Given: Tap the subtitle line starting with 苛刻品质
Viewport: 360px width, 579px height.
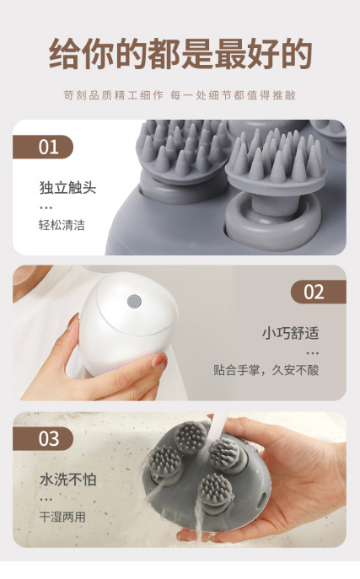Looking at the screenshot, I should point(180,95).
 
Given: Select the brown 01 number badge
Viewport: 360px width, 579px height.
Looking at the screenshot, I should point(46,147).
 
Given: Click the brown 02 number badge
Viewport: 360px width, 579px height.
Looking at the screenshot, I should point(315,292).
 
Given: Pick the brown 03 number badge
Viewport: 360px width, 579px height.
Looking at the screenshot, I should point(46,438).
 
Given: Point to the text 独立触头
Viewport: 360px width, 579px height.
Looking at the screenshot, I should point(67,187).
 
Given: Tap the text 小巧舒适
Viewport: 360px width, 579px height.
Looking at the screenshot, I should point(290,332).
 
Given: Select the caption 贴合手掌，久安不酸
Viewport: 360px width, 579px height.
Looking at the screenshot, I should point(266,370).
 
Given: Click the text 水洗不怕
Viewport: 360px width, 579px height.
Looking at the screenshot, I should point(67,479).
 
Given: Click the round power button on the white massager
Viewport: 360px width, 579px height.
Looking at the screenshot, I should point(132,301).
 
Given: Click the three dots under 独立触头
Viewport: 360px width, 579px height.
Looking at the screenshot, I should point(46,206).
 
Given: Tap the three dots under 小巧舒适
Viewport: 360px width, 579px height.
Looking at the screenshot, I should point(313,352).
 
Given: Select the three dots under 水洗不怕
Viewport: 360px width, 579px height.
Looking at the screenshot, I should point(46,499).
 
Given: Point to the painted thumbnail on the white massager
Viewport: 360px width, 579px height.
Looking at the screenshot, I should point(158,362).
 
